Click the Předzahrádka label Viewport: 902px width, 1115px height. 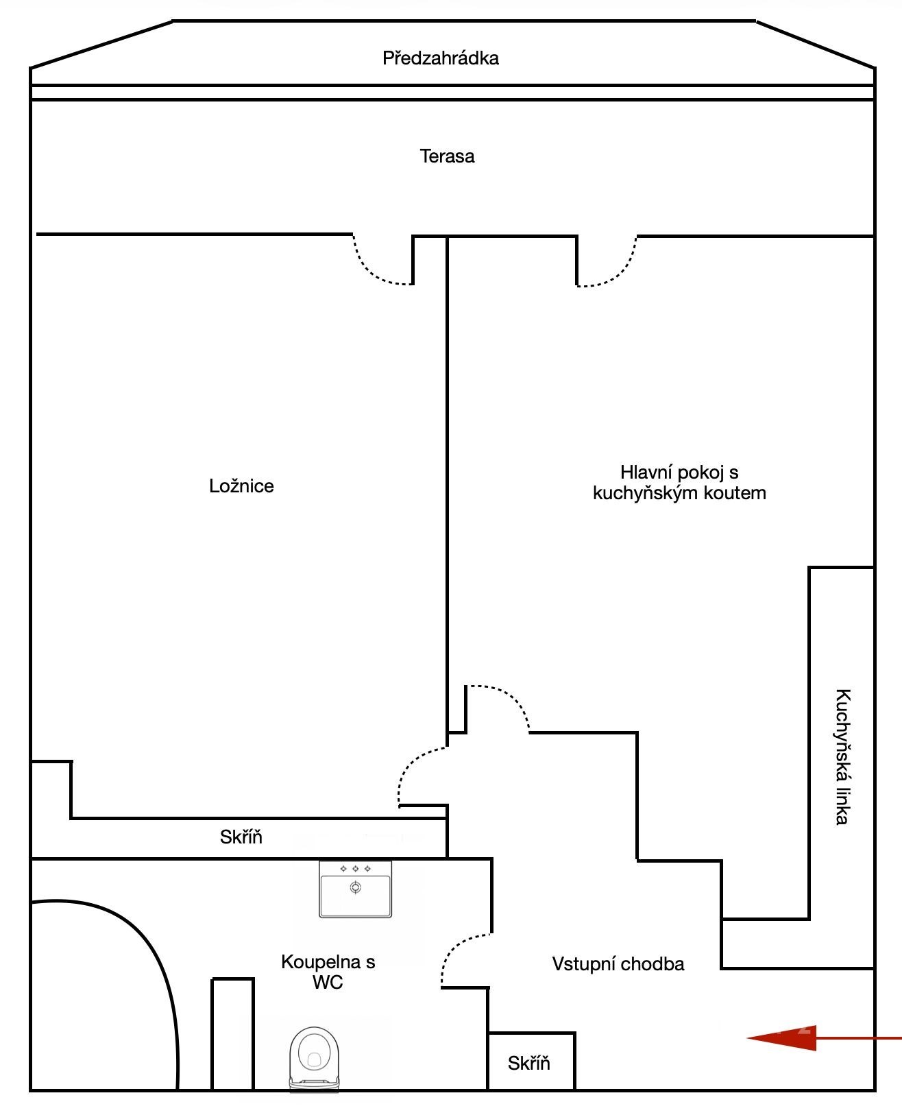(441, 58)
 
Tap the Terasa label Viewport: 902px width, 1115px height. (447, 156)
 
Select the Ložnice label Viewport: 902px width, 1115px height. (241, 485)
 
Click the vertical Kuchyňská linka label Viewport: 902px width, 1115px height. (842, 757)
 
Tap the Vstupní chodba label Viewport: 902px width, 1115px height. (618, 963)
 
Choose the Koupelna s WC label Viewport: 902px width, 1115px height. (328, 972)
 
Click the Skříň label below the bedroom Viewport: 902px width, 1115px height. (241, 837)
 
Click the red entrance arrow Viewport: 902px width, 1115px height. (823, 1038)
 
